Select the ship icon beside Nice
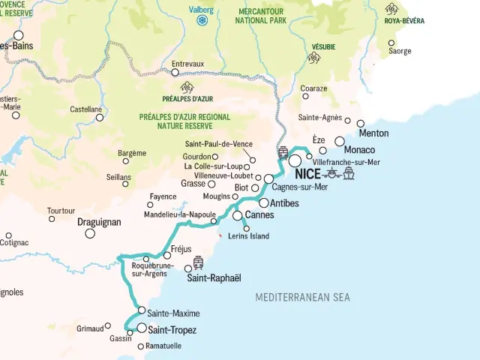pyautogui.click(x=348, y=175)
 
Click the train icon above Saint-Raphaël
pyautogui.click(x=198, y=262)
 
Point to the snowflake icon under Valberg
pyautogui.click(x=202, y=20)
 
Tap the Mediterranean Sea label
pyautogui.click(x=302, y=298)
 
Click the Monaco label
pyautogui.click(x=359, y=151)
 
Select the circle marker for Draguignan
pyautogui.click(x=90, y=233)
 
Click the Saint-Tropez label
pyautogui.click(x=172, y=330)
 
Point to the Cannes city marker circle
pyautogui.click(x=238, y=216)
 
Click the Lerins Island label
pyautogui.click(x=248, y=236)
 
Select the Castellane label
pyautogui.click(x=85, y=109)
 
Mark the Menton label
pyautogui.click(x=374, y=133)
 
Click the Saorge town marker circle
pyautogui.click(x=391, y=43)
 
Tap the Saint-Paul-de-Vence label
pyautogui.click(x=218, y=144)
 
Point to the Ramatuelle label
pyautogui.click(x=164, y=346)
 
